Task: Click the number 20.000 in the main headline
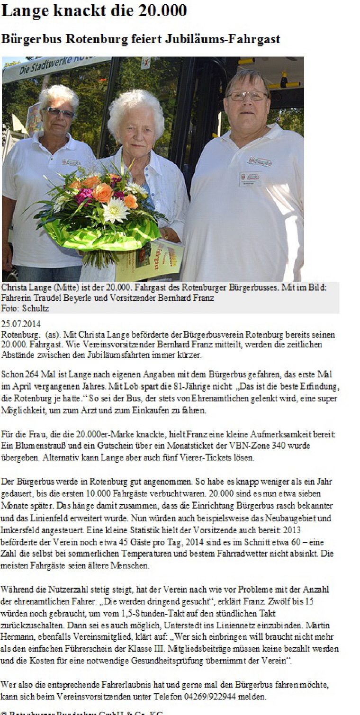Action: click(x=161, y=10)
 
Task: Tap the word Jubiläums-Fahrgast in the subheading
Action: click(x=222, y=39)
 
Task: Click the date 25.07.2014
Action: click(x=21, y=324)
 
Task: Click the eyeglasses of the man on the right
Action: click(x=246, y=96)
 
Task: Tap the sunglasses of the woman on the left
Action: click(x=59, y=112)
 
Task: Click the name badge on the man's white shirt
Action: click(x=250, y=179)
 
